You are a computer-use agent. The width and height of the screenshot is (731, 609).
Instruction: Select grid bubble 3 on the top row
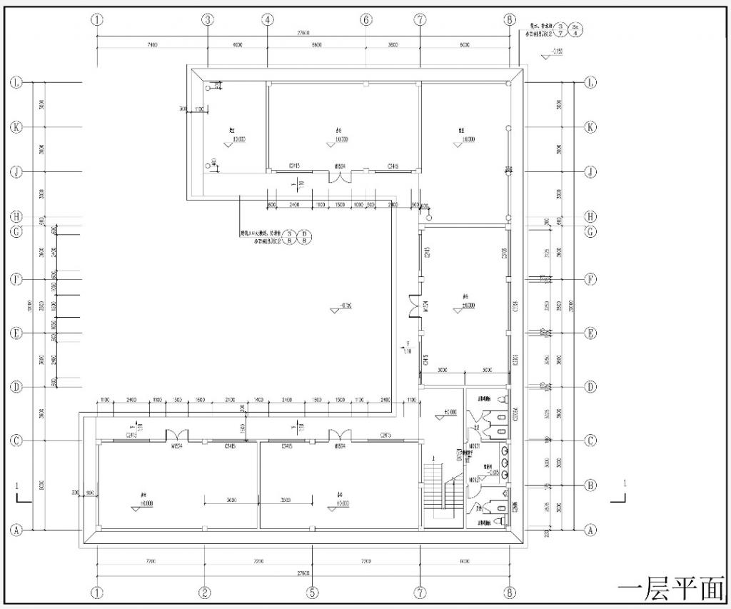point(207,20)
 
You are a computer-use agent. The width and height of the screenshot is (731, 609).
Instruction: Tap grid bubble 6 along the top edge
point(366,20)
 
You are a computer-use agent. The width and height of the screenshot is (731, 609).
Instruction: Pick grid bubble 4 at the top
point(268,20)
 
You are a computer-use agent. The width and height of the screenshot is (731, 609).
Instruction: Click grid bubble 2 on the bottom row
point(205,593)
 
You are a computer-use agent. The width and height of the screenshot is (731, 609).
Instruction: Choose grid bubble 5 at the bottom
point(313,593)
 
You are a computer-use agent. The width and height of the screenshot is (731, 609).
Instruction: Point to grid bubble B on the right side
point(590,485)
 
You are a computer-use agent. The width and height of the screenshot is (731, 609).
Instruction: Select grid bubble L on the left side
point(16,83)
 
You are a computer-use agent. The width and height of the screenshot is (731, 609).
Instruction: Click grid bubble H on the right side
point(590,216)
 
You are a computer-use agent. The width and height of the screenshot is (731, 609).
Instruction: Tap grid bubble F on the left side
point(16,279)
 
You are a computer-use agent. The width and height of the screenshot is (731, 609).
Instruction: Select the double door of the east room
point(413,307)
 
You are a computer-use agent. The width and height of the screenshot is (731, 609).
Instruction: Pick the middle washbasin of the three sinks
point(505,462)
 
